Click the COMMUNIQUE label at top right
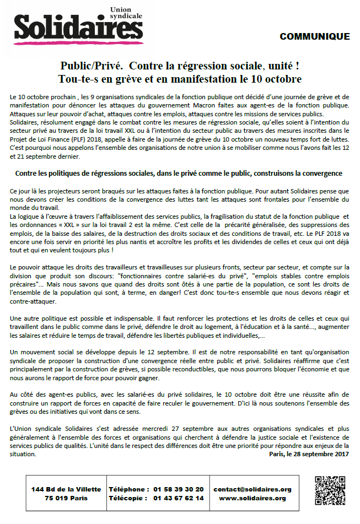coord(314,37)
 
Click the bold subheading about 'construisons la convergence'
coord(179,173)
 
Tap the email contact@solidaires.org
coord(252,489)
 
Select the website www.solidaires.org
coord(252,498)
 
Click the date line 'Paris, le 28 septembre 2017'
coord(309,455)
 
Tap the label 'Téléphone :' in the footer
coord(129,489)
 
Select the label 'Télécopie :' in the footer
coord(129,498)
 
